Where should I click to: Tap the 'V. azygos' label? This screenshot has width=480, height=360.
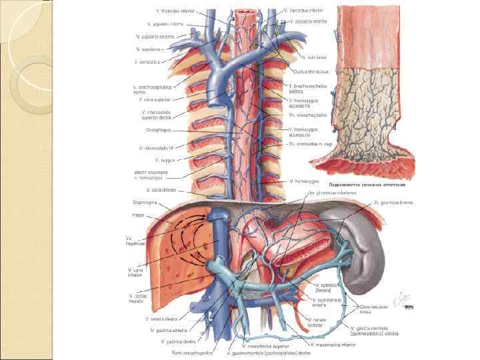164,160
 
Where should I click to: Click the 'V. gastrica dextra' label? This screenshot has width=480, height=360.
177,341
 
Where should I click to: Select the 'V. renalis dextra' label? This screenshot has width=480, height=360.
162,319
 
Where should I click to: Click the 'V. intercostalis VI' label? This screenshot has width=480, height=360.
157,148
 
